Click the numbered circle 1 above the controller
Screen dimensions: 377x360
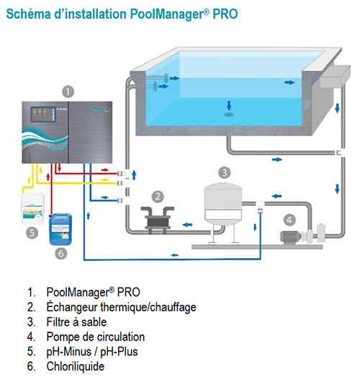66,92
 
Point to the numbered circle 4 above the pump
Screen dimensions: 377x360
289,219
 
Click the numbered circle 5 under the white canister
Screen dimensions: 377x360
31,233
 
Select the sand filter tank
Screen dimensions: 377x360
224,206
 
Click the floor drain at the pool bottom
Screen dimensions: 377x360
229,113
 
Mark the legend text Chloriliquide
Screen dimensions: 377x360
74,365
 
